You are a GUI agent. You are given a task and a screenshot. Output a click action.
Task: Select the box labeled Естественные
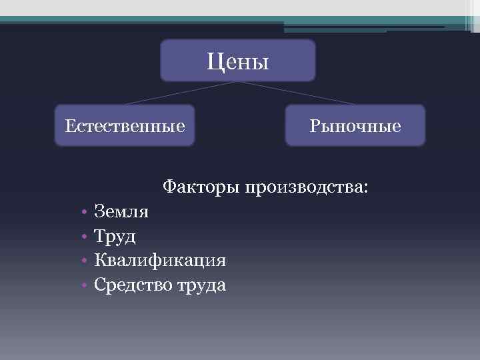coord(125,125)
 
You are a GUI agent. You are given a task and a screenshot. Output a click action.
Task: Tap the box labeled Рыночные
coord(355,125)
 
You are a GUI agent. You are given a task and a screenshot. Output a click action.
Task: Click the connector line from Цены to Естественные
coord(180,93)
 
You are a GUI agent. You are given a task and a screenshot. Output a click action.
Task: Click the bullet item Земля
coord(122,212)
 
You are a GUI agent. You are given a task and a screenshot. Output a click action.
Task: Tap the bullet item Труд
coord(115,236)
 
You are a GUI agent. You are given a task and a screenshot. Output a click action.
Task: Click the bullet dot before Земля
coord(85,213)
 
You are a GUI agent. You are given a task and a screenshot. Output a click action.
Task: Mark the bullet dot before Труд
coord(85,237)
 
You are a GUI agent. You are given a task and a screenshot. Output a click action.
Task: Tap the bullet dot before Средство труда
coord(85,285)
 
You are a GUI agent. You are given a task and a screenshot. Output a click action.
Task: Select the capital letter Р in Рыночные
coord(314,125)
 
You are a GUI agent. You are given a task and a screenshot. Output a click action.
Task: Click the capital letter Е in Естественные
coord(69,125)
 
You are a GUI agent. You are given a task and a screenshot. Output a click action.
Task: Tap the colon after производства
coord(364,187)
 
